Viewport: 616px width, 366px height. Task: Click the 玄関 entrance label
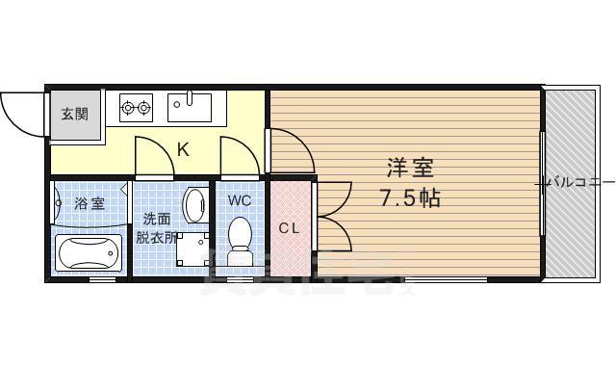coord(74,114)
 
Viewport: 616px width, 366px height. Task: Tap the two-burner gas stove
coord(136,107)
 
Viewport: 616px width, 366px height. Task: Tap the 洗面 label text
coord(157,219)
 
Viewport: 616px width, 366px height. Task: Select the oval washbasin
coord(194,205)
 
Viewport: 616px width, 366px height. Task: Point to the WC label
coord(240,201)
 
